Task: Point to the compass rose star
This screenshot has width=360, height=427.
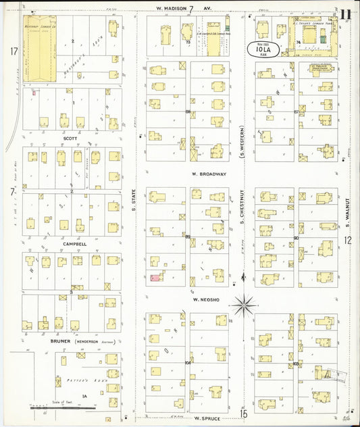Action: [x=243, y=305]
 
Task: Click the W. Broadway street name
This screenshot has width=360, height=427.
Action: [x=208, y=174]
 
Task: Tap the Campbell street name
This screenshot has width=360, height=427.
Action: [x=74, y=244]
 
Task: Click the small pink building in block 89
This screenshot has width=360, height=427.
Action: [x=155, y=278]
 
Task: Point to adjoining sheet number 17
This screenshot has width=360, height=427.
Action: [x=13, y=51]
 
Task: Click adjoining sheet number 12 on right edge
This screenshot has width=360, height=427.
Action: [x=348, y=240]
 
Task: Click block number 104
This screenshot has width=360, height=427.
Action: [x=188, y=363]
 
